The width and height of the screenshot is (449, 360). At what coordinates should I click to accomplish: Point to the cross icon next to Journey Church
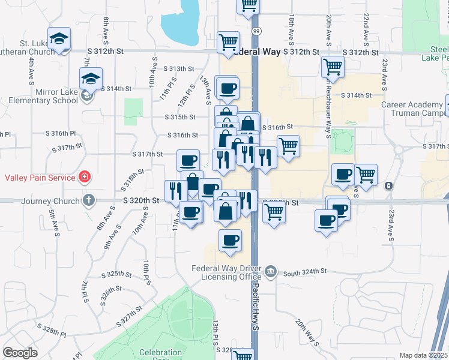(88, 200)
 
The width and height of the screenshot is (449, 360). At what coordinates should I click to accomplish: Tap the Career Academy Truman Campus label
(414, 109)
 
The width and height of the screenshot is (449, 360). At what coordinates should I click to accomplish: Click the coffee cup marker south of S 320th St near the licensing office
(231, 241)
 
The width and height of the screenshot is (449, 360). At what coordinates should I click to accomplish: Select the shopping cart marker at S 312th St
(229, 42)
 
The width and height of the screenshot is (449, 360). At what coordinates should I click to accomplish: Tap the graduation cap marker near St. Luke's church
(59, 39)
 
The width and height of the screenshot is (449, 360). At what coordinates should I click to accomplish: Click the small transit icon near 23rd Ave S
(389, 185)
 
